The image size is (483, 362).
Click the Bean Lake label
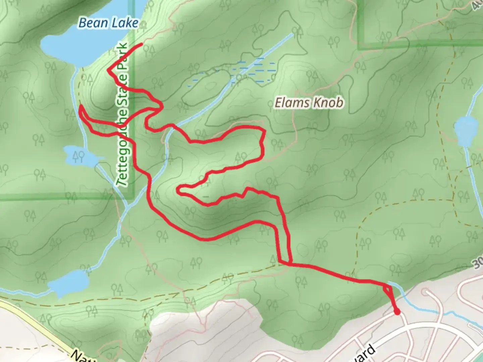tap(108, 23)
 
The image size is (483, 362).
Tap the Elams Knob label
tap(309, 103)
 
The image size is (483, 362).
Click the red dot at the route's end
tap(397, 312)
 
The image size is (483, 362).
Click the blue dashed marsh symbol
tap(255, 70)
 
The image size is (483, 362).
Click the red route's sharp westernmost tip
tap(80, 107)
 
